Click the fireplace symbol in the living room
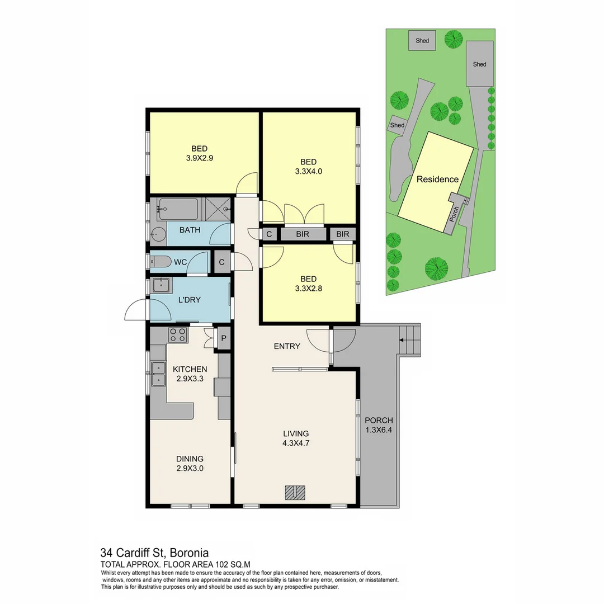click(295, 492)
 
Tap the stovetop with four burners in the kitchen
click(178, 335)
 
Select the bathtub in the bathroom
click(178, 209)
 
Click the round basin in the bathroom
click(158, 235)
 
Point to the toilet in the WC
click(161, 262)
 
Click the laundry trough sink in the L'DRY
click(162, 286)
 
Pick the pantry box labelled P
click(224, 338)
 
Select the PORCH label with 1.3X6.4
click(379, 425)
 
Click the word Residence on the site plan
click(437, 180)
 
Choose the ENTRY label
click(287, 346)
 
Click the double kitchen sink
click(159, 374)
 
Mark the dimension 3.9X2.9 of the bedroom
click(200, 158)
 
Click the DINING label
click(190, 459)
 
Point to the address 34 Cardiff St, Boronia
click(154, 553)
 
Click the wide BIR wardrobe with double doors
click(303, 234)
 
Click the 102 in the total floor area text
click(208, 564)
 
